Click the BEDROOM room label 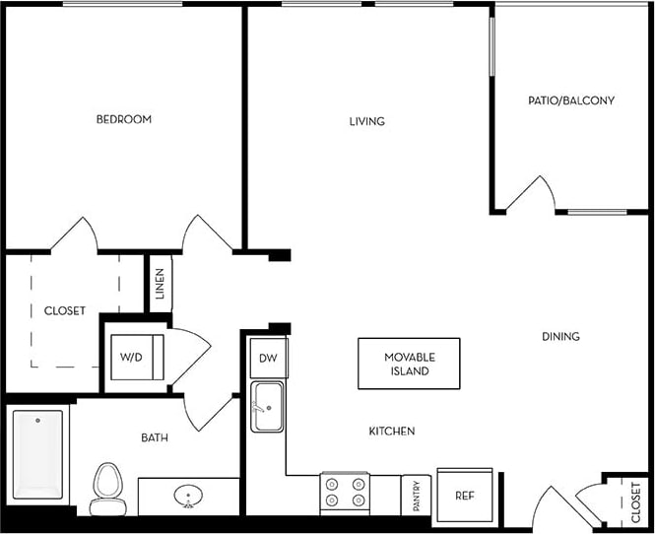(x=123, y=119)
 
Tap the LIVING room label (x=366, y=122)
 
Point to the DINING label (x=560, y=336)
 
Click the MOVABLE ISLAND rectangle (x=409, y=364)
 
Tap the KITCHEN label (x=391, y=432)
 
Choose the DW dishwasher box (x=268, y=359)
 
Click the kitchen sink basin (x=268, y=407)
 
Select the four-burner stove (x=345, y=493)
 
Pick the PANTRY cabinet (x=416, y=495)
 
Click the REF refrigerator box (x=464, y=495)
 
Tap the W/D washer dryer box (x=132, y=357)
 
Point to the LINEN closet (x=160, y=285)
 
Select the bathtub (x=37, y=454)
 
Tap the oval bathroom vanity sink (x=187, y=496)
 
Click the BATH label (x=154, y=437)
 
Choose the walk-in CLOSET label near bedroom (x=65, y=310)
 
